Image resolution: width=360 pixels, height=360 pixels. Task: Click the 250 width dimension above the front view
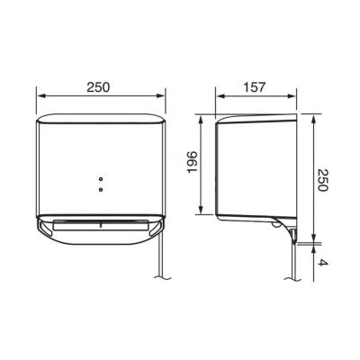pyautogui.click(x=98, y=87)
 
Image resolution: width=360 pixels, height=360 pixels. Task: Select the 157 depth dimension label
pyautogui.click(x=255, y=87)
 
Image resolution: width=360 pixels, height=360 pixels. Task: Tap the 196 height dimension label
pyautogui.click(x=192, y=162)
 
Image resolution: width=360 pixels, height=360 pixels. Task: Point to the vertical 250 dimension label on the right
pyautogui.click(x=323, y=180)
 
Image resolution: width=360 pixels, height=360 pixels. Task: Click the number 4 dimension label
pyautogui.click(x=323, y=263)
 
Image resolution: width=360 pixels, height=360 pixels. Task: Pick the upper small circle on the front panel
pyautogui.click(x=101, y=179)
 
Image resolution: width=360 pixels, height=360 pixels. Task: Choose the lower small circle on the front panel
pyautogui.click(x=101, y=189)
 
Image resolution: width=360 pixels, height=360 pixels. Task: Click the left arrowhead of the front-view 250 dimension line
pyautogui.click(x=40, y=95)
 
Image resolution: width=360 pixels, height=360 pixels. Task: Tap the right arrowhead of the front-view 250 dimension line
pyautogui.click(x=161, y=95)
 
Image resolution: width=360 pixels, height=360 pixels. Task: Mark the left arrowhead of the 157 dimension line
pyautogui.click(x=220, y=96)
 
